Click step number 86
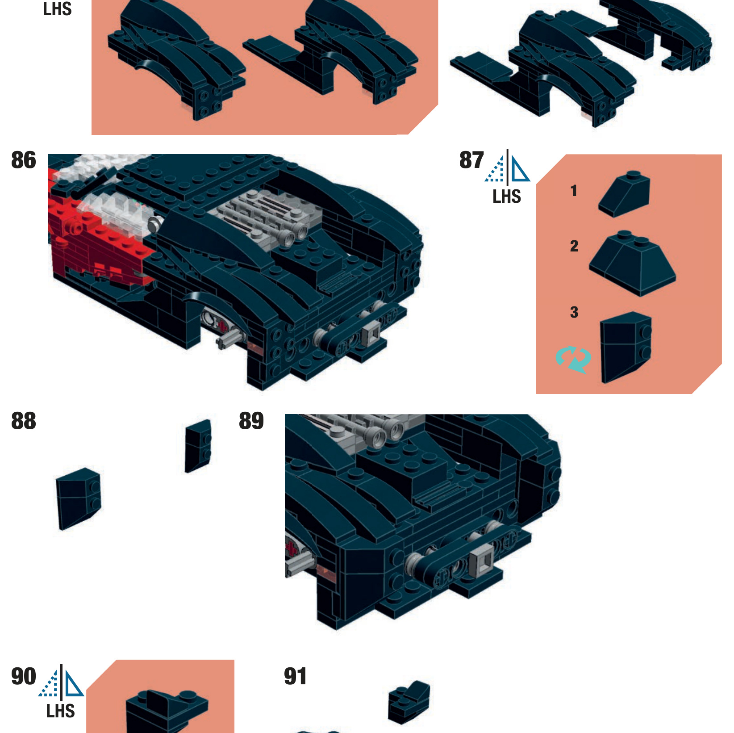coord(24,160)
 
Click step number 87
coord(471,160)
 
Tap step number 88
coord(24,421)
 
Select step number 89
coord(251,421)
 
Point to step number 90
coord(24,676)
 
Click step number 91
coord(296,676)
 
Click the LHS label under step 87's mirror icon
coord(507,197)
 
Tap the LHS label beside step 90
coord(60,711)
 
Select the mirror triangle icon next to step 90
coord(61,681)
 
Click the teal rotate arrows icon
coord(574,359)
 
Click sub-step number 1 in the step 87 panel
coord(574,191)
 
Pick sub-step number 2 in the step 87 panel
coord(574,246)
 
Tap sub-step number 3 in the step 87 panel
coord(574,312)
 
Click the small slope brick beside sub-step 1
coord(624,194)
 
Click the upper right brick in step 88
coord(198,446)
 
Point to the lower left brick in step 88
coord(79,499)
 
